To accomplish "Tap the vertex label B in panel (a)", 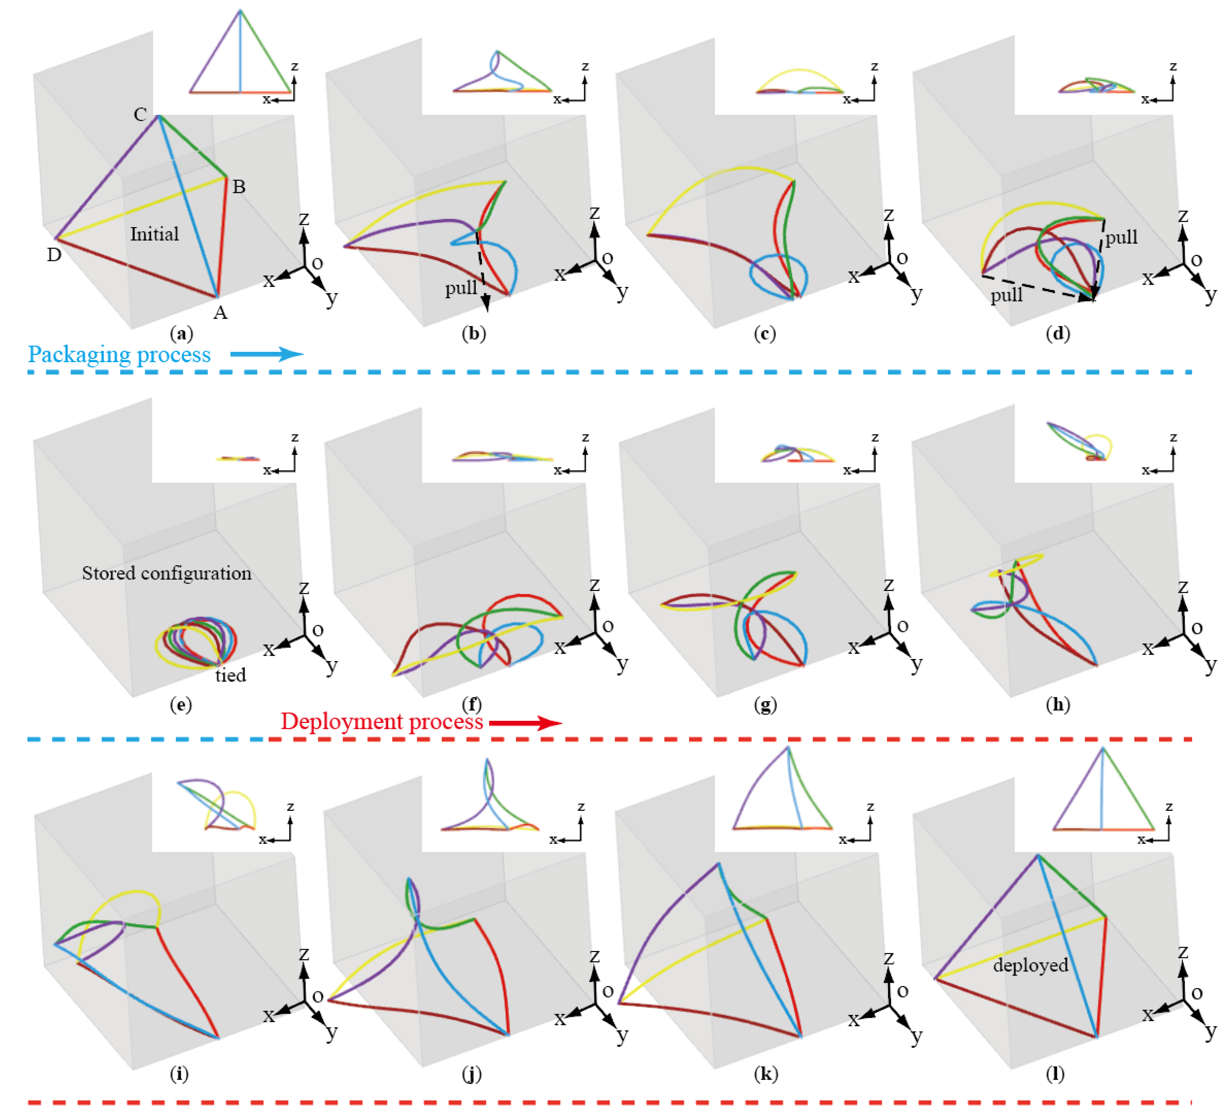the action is coord(239,187).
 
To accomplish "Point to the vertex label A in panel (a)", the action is coord(220,312).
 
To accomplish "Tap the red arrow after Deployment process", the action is coord(525,723).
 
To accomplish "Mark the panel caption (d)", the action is coord(1057,334).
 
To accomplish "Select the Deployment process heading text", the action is coord(382,722).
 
